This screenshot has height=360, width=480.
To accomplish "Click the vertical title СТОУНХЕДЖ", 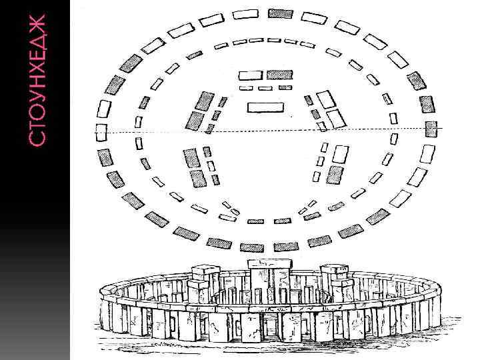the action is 39,79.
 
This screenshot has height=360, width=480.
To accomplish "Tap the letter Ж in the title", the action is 39,26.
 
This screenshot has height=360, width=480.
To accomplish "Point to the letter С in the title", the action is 39,137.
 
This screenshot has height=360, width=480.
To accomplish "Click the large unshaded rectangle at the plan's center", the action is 265,107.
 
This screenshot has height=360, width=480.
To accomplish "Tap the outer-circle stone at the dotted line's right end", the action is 431,129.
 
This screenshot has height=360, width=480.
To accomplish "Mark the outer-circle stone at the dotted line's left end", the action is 101,131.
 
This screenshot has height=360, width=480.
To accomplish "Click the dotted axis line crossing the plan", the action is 267,130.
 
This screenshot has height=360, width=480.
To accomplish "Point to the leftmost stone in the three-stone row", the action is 246,88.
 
